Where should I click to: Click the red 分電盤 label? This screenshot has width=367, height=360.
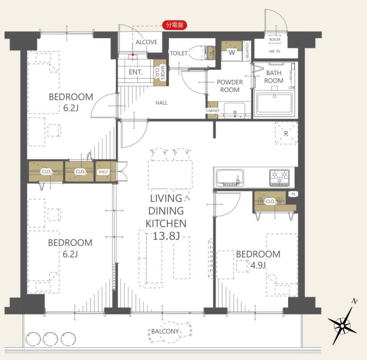175,25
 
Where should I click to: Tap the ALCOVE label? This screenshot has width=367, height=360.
146,42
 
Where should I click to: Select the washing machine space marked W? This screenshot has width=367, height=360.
232,52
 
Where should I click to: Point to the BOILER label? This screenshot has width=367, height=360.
275,39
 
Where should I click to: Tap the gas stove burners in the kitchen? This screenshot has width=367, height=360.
280,178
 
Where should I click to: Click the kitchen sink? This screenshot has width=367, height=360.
230,178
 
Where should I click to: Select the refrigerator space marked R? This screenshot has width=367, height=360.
286,133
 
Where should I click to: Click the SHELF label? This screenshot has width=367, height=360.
103,172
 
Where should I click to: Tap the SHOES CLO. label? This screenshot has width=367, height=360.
160,73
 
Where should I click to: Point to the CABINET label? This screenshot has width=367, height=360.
213,110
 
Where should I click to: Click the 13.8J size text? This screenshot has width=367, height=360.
166,236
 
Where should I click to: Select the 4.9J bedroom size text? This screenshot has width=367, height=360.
258,265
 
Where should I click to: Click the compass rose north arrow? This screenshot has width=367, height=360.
343,325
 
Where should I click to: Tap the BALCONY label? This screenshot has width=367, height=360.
165,331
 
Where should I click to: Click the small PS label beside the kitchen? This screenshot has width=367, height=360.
293,194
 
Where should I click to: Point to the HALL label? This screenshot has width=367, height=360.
162,103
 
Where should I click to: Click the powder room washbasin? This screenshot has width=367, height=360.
234,110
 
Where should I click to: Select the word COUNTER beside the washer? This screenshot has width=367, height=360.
247,51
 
